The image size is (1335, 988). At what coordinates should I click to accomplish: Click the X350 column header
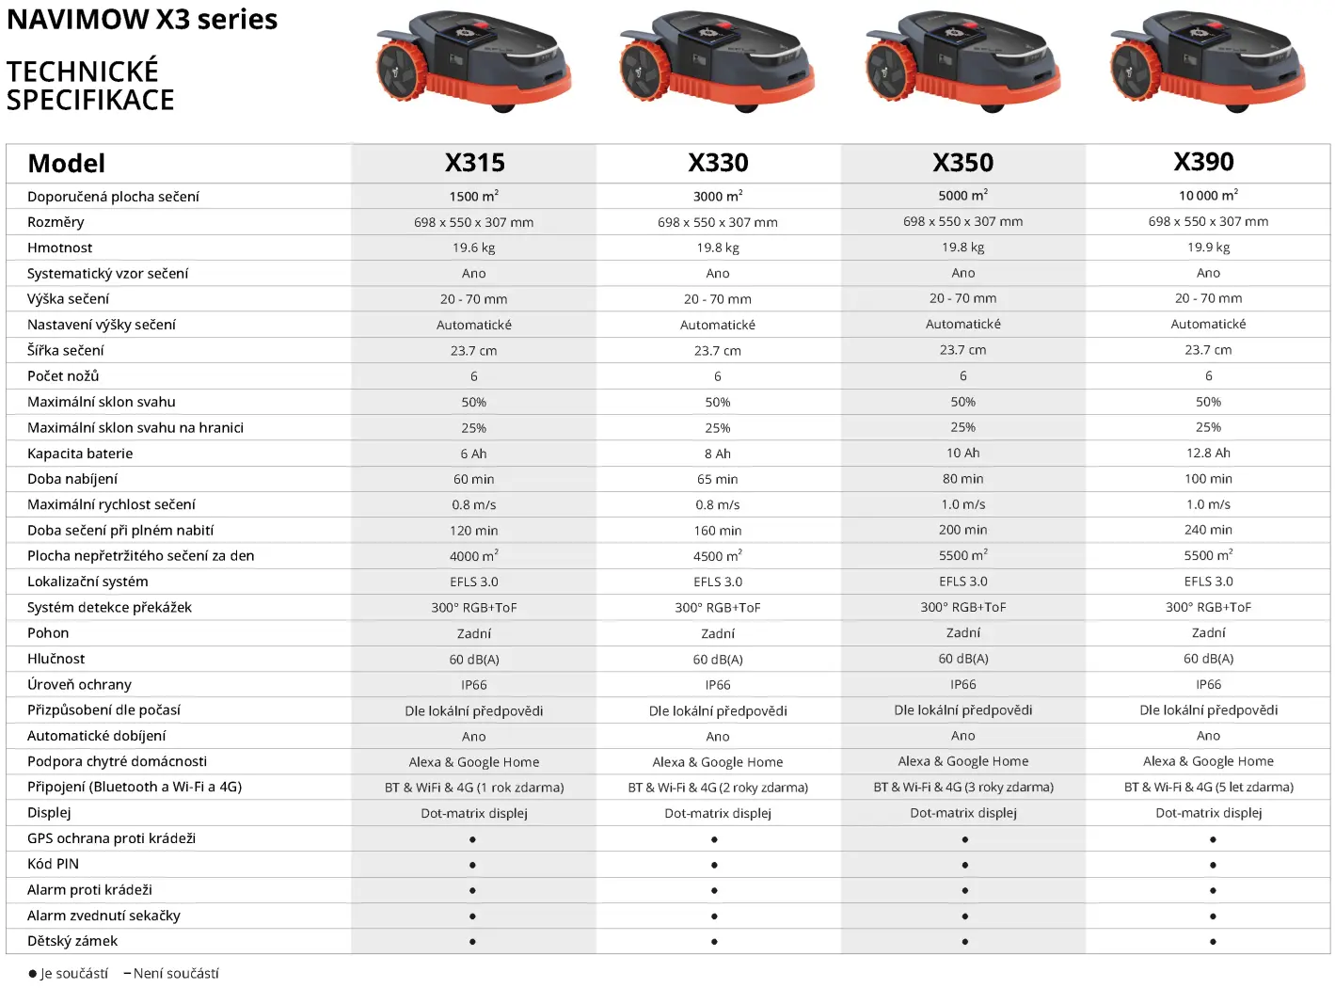pyautogui.click(x=962, y=163)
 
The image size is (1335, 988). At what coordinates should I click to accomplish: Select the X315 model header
pyautogui.click(x=474, y=163)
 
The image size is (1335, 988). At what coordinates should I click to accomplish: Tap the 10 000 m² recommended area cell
pyautogui.click(x=1208, y=195)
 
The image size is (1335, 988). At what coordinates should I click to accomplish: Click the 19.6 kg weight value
pyautogui.click(x=473, y=247)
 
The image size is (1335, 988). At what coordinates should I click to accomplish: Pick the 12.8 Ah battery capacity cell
pyautogui.click(x=1208, y=453)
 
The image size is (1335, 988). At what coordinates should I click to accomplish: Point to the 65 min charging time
pyautogui.click(x=718, y=479)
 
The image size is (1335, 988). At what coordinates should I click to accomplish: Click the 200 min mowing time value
pyautogui.click(x=962, y=530)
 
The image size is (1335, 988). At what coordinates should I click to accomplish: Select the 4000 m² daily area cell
pyautogui.click(x=473, y=556)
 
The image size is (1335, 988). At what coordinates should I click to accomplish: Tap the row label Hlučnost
pyautogui.click(x=56, y=659)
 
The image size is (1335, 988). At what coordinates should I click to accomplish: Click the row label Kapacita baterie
pyautogui.click(x=80, y=454)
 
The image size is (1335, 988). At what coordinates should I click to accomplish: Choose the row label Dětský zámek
pyautogui.click(x=72, y=941)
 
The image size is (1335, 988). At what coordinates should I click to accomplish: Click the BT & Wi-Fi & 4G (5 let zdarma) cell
pyautogui.click(x=1208, y=787)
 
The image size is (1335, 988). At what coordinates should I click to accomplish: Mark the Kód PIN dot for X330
pyautogui.click(x=714, y=865)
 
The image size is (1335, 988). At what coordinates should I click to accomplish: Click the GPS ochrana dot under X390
pyautogui.click(x=1213, y=839)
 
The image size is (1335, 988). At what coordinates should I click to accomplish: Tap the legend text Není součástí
pyautogui.click(x=176, y=974)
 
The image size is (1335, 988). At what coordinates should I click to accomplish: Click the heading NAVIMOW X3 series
pyautogui.click(x=142, y=19)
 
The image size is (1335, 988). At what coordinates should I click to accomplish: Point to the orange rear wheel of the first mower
pyautogui.click(x=402, y=72)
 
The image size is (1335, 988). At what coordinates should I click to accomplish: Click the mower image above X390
pyautogui.click(x=1207, y=61)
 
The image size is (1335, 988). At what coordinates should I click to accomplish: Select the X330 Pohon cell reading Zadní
pyautogui.click(x=718, y=633)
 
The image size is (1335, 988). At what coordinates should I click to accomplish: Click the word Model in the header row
pyautogui.click(x=66, y=163)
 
